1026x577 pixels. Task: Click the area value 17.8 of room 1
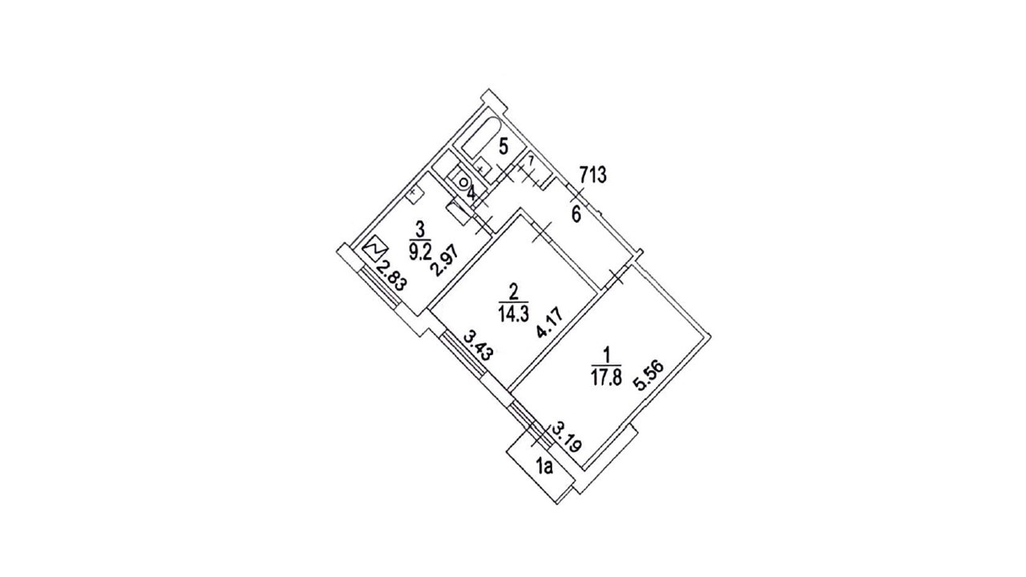coord(606,377)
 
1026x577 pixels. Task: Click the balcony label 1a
coord(545,466)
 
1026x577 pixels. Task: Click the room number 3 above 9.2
coord(418,227)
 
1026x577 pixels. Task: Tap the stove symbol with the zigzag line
coord(374,252)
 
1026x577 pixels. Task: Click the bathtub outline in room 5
coord(480,139)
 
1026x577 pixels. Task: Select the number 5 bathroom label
coord(503,147)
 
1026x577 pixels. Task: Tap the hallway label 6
coord(575,214)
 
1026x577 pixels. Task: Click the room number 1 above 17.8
coord(607,353)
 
